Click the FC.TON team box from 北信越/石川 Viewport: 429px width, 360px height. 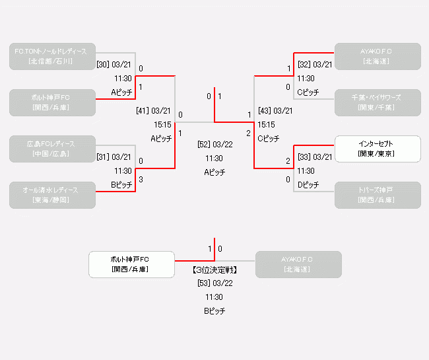click(x=53, y=56)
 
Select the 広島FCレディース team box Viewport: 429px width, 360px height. click(x=53, y=149)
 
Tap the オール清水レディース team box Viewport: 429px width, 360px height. click(x=53, y=195)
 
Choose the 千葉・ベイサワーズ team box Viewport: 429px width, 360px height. click(x=377, y=102)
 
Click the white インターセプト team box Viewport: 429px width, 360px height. click(x=377, y=149)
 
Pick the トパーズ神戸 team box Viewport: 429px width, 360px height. click(x=377, y=195)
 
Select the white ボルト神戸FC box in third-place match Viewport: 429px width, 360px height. click(x=131, y=264)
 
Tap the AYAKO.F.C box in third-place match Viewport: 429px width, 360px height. click(x=298, y=264)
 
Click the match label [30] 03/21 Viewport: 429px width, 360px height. click(x=114, y=65)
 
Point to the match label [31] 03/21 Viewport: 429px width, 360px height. click(x=114, y=157)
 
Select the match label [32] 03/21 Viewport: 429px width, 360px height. click(x=315, y=65)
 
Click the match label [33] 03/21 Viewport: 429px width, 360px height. click(x=315, y=157)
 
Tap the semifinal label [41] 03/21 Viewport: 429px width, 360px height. click(x=154, y=111)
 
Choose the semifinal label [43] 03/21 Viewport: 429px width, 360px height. click(x=275, y=111)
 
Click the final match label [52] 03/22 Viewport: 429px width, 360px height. click(x=214, y=145)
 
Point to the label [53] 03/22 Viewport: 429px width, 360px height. click(x=214, y=283)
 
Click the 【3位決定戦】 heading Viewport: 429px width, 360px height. click(x=214, y=270)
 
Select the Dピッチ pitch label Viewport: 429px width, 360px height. click(x=308, y=185)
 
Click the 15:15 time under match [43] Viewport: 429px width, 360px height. click(x=267, y=124)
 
